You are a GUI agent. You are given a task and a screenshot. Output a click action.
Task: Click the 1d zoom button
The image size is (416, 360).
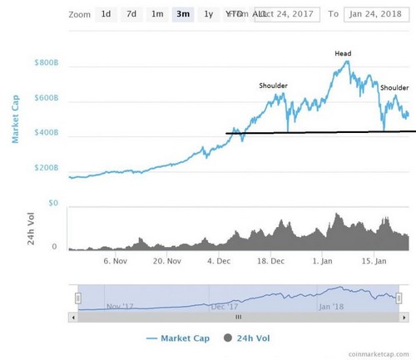point(106,14)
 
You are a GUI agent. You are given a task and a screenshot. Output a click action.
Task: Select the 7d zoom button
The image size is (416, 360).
point(131,14)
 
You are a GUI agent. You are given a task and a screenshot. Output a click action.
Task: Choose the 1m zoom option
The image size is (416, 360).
point(157,14)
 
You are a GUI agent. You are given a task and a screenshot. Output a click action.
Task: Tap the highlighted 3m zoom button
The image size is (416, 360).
point(182,14)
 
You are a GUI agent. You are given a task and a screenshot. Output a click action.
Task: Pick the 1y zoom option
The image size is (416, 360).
point(208,14)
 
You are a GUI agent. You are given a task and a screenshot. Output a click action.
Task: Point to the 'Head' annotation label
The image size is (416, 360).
point(343,54)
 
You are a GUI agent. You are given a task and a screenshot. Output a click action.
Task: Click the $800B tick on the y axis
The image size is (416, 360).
point(46,63)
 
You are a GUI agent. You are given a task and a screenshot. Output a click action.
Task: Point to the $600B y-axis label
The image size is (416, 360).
point(46,98)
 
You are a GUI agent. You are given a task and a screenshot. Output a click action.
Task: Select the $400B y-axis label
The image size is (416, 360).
point(46,133)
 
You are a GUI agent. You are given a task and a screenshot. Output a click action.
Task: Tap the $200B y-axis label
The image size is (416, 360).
point(46,168)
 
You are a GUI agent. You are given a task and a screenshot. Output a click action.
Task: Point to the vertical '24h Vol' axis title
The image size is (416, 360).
point(15,228)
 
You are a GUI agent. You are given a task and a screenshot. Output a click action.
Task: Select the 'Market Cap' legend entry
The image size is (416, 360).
point(179,339)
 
